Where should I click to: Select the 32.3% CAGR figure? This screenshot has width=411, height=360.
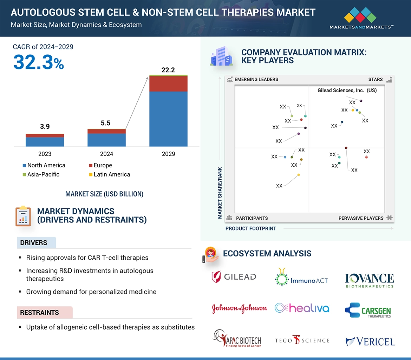39,62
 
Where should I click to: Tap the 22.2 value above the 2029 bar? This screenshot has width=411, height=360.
168,70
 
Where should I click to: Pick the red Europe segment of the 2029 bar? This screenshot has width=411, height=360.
168,84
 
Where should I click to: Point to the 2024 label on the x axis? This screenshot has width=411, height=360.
106,154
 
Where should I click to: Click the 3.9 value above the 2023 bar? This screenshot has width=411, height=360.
45,127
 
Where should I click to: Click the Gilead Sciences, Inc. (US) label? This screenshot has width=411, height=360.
347,91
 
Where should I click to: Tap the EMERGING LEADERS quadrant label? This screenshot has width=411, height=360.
256,79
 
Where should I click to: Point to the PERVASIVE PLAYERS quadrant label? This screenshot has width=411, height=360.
361,218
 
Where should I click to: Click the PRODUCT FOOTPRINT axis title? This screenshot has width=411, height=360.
250,228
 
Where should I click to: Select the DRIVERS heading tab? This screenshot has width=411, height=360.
34,243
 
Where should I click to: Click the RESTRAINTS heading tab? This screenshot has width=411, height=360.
39,312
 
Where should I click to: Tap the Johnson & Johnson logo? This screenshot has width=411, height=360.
240,308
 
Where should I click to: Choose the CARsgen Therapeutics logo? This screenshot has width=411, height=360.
368,310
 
